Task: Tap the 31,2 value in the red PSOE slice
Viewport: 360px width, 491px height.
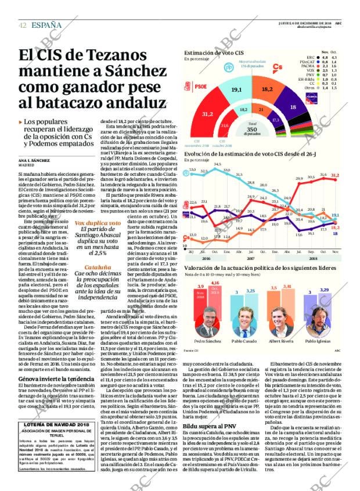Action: pos(207,114)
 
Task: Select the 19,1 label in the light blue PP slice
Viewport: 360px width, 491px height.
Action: pos(236,89)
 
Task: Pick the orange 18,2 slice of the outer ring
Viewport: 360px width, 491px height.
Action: pos(267,89)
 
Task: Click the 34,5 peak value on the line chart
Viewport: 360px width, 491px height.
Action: pos(218,165)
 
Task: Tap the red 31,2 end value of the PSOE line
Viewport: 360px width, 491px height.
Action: pos(335,175)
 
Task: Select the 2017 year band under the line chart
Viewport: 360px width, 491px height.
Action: pos(251,243)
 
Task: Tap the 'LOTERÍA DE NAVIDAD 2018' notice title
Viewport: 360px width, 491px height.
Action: pos(56,425)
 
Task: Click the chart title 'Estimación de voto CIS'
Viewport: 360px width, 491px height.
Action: pos(214,53)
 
